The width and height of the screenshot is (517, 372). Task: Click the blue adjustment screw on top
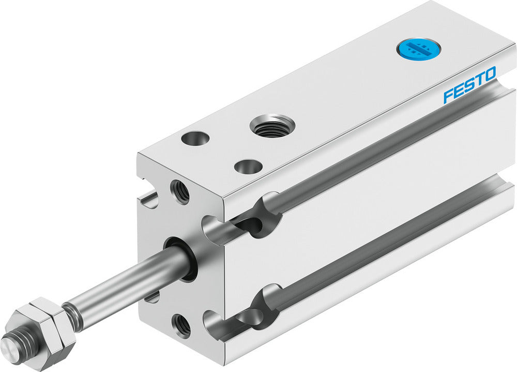(x=416, y=50)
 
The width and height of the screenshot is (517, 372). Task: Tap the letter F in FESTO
(x=448, y=96)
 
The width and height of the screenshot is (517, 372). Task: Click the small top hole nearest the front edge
(x=246, y=167)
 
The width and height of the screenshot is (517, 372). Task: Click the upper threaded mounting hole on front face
(x=180, y=191)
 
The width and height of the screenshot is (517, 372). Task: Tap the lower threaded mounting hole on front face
(x=181, y=325)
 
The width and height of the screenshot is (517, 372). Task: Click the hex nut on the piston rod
(x=44, y=325)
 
